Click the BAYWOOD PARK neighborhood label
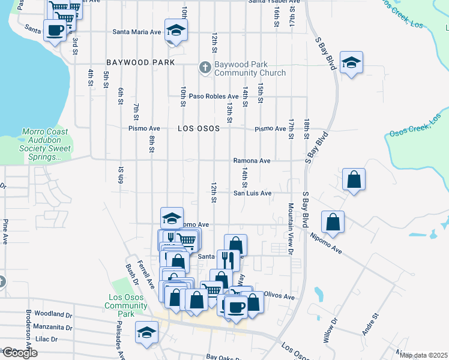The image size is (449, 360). (140, 62)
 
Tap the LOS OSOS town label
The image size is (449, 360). (197, 128)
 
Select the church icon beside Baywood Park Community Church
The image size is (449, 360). (205, 67)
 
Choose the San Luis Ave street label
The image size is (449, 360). (253, 193)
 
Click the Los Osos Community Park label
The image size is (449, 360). (125, 305)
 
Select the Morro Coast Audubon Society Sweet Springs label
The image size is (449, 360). (42, 144)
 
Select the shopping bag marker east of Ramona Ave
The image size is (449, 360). (354, 179)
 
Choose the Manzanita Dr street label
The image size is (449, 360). (53, 328)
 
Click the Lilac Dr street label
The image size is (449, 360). (47, 339)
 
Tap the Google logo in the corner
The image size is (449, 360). (19, 353)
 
